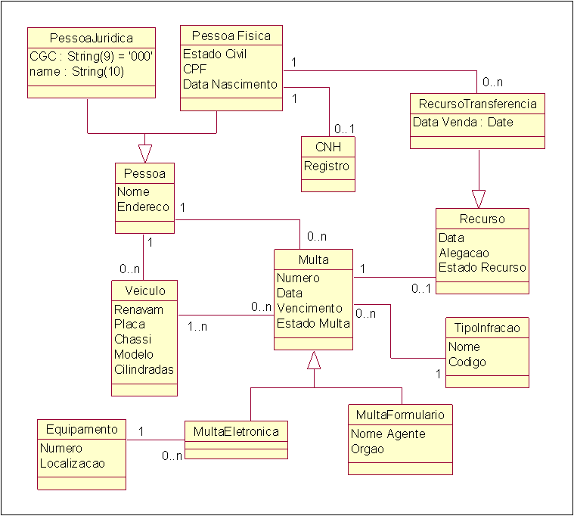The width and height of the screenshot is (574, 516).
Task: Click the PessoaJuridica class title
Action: pos(92,38)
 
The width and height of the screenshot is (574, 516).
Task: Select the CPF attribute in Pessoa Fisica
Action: pos(195,69)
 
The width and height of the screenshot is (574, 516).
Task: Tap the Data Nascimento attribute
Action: pos(230,84)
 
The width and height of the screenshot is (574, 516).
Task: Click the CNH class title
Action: pos(328,147)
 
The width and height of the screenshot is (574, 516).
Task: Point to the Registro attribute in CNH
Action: pos(327,166)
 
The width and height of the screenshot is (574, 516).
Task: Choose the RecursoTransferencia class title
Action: pos(478,104)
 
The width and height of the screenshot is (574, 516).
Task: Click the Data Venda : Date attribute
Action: pos(463,122)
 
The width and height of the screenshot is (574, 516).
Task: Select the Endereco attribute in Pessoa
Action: pos(143,207)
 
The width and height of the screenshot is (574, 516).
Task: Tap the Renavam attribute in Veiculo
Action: pos(138,309)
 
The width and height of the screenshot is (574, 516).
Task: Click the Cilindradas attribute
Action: pos(144,369)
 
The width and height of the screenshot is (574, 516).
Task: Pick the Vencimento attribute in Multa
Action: pos(310,309)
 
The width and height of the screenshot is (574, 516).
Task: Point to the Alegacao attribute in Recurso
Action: pos(464,253)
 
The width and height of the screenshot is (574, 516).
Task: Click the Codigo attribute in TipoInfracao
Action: pos(467,362)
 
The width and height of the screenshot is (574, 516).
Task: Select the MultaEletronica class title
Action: pos(236,432)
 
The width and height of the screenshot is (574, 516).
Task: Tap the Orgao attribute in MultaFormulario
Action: pos(368,449)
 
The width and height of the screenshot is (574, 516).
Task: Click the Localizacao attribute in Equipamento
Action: pos(73,464)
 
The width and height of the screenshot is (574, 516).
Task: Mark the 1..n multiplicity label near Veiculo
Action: pos(197,326)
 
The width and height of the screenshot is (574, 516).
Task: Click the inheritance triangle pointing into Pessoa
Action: pos(145,154)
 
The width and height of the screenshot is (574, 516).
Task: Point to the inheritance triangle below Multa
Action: pos(314,360)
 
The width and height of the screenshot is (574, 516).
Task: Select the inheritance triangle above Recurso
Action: pos(479,199)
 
